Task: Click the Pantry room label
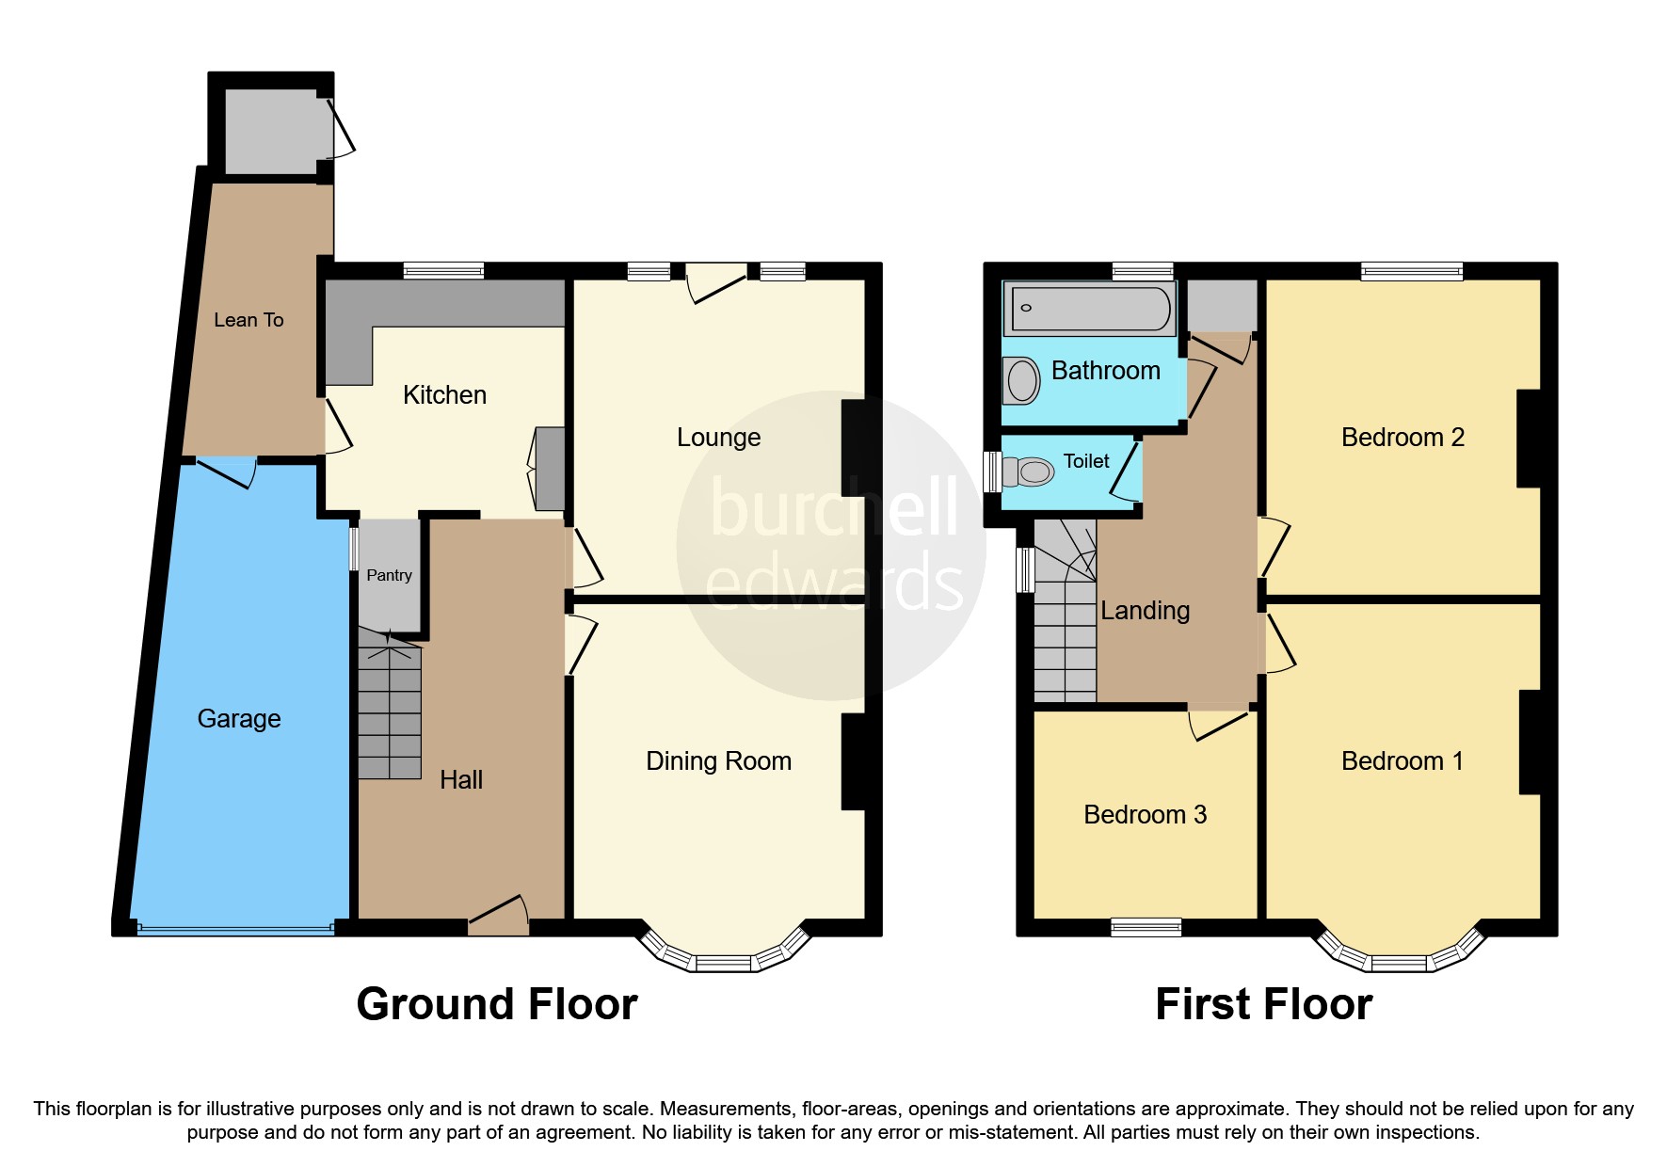(389, 575)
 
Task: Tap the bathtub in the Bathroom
(1089, 308)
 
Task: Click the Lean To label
(248, 320)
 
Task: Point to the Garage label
(239, 719)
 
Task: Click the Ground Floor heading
(497, 1004)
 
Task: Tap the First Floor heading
(1263, 1004)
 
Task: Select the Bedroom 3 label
(1145, 815)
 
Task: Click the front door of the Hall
(499, 916)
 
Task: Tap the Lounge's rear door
(717, 283)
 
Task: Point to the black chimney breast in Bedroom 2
(1528, 439)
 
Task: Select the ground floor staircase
(389, 706)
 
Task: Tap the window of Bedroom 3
(1146, 928)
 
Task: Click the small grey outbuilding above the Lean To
(271, 131)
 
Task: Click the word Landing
(1145, 611)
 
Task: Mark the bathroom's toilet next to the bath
(1020, 380)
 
